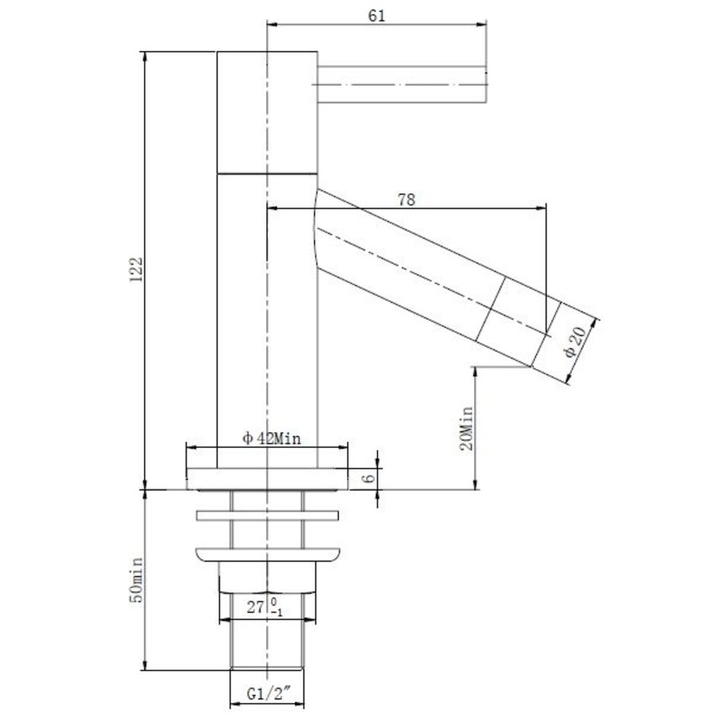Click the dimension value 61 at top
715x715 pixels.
tap(377, 16)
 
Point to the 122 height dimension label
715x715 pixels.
tap(137, 269)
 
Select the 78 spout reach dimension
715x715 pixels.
tap(406, 199)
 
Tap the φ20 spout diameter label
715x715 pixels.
tap(575, 342)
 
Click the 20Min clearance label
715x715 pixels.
tap(466, 429)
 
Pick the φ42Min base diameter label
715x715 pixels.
tap(272, 439)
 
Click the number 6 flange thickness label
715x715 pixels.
tap(369, 478)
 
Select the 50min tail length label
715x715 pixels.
tap(137, 580)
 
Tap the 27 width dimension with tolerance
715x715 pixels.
tap(265, 608)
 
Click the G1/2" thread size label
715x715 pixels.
tap(269, 694)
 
